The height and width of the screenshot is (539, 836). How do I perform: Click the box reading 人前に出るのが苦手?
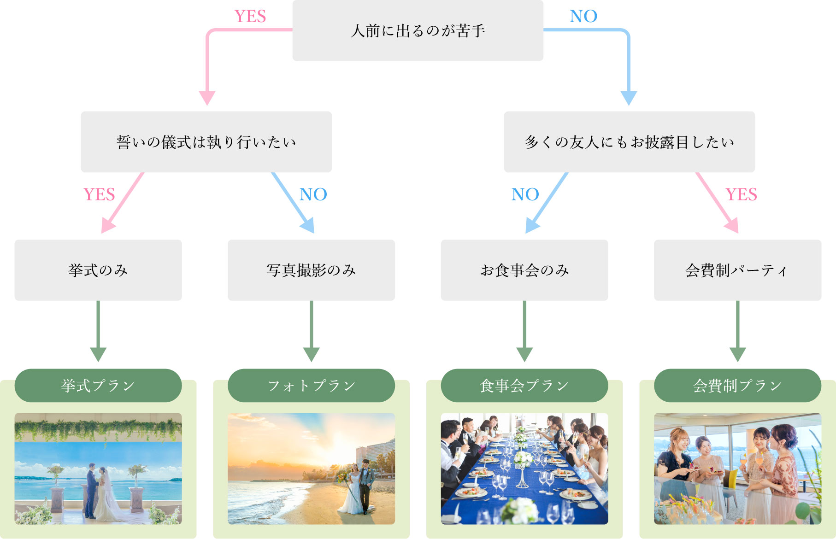tap(418, 30)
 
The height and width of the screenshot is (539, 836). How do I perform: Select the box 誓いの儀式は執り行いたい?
tap(206, 142)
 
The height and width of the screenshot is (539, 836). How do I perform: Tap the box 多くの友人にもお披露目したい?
tap(630, 142)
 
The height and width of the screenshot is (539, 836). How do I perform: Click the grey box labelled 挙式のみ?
tap(98, 270)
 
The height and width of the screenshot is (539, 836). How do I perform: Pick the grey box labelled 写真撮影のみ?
tap(311, 270)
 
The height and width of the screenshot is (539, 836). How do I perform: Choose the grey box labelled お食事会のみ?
tap(524, 270)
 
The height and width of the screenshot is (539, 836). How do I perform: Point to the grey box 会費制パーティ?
tap(737, 270)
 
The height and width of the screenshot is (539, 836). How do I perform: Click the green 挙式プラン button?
tap(98, 386)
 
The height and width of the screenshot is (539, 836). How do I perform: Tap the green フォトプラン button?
tap(311, 386)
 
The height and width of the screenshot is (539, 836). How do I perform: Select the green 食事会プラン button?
tap(524, 386)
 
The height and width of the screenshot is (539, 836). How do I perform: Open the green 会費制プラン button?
tap(737, 386)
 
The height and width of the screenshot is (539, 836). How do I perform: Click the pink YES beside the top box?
tap(250, 17)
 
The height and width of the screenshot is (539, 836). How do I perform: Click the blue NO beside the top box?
tap(583, 17)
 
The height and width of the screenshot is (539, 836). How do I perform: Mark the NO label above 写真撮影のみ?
tap(313, 194)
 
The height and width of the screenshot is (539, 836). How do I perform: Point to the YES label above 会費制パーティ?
tap(741, 194)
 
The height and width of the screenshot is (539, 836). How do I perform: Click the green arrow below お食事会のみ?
tap(524, 331)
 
